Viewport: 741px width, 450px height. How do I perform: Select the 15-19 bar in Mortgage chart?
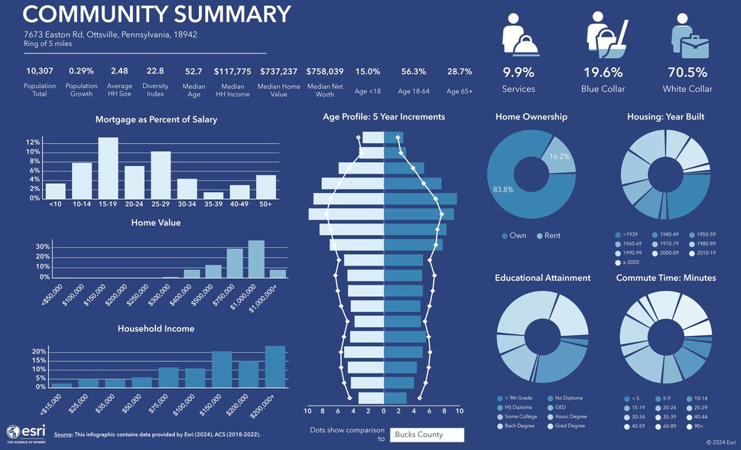[108, 168]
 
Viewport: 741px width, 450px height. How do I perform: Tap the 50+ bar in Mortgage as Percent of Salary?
[266, 187]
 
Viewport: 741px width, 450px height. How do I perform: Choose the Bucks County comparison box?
[427, 435]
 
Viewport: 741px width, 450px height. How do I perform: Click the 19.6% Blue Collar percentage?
[603, 73]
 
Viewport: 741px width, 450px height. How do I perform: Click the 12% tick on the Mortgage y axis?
[33, 143]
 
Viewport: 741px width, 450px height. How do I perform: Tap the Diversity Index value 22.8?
[155, 71]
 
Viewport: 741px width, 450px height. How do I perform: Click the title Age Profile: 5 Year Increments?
[383, 117]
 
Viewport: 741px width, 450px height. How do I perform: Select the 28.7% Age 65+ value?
[460, 71]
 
